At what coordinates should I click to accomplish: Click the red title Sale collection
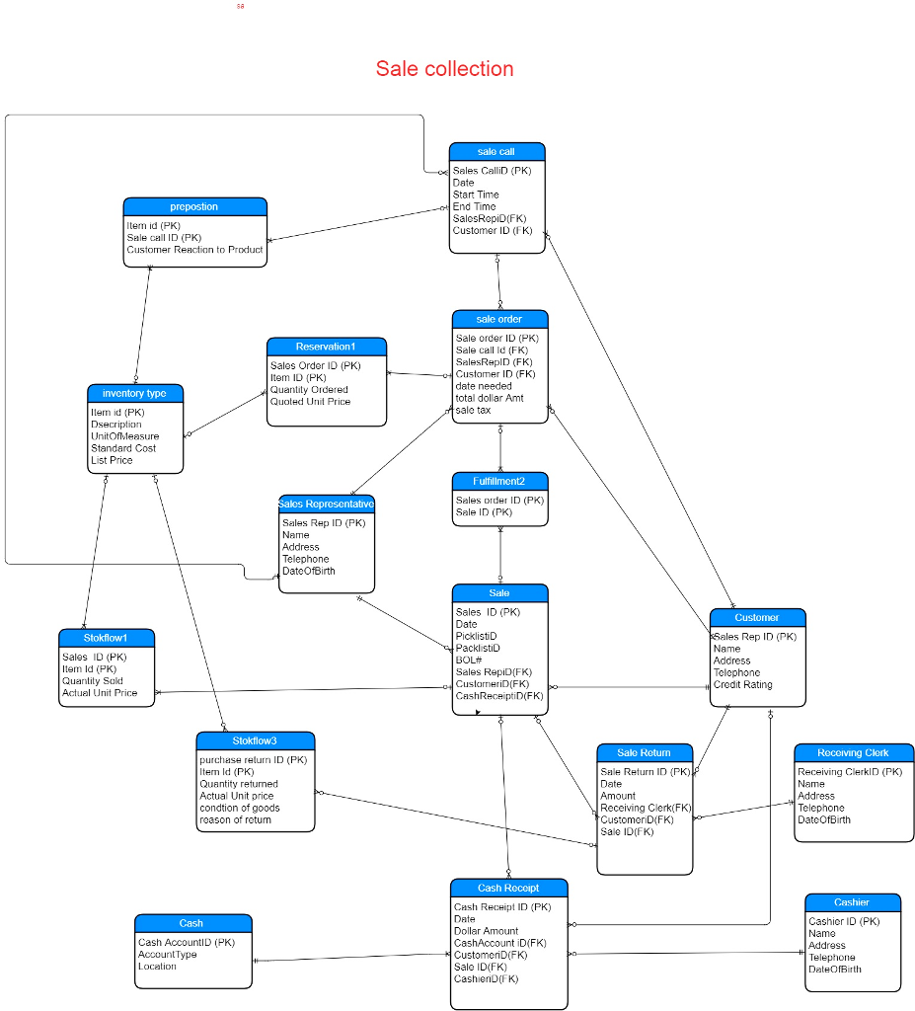coord(444,69)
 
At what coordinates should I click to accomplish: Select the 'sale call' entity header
coord(496,151)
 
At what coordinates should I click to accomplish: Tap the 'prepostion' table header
coord(194,206)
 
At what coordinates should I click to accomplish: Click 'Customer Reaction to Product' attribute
coord(194,250)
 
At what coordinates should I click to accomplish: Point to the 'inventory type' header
coord(134,393)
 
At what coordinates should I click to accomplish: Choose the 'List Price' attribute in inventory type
coord(112,460)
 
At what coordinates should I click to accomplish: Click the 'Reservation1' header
coord(326,347)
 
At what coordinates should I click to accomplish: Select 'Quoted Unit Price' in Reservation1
coord(310,402)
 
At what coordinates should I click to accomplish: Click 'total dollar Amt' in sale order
coord(490,398)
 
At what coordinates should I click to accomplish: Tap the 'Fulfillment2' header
coord(499,481)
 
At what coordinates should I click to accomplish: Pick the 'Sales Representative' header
coord(326,504)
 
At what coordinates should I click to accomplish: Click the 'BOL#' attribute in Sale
coord(468,660)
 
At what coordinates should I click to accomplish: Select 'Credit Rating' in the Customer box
coord(743,685)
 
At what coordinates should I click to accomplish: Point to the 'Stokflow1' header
coord(106,637)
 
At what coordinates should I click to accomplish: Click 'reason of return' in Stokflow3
coord(235,819)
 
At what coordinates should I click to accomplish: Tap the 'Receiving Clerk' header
coord(853,752)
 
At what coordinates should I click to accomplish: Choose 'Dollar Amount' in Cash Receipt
coord(486,931)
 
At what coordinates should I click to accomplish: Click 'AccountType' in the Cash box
coord(168,955)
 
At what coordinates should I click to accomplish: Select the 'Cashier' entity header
coord(852,902)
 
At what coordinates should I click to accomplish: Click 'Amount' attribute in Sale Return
coord(618,796)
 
